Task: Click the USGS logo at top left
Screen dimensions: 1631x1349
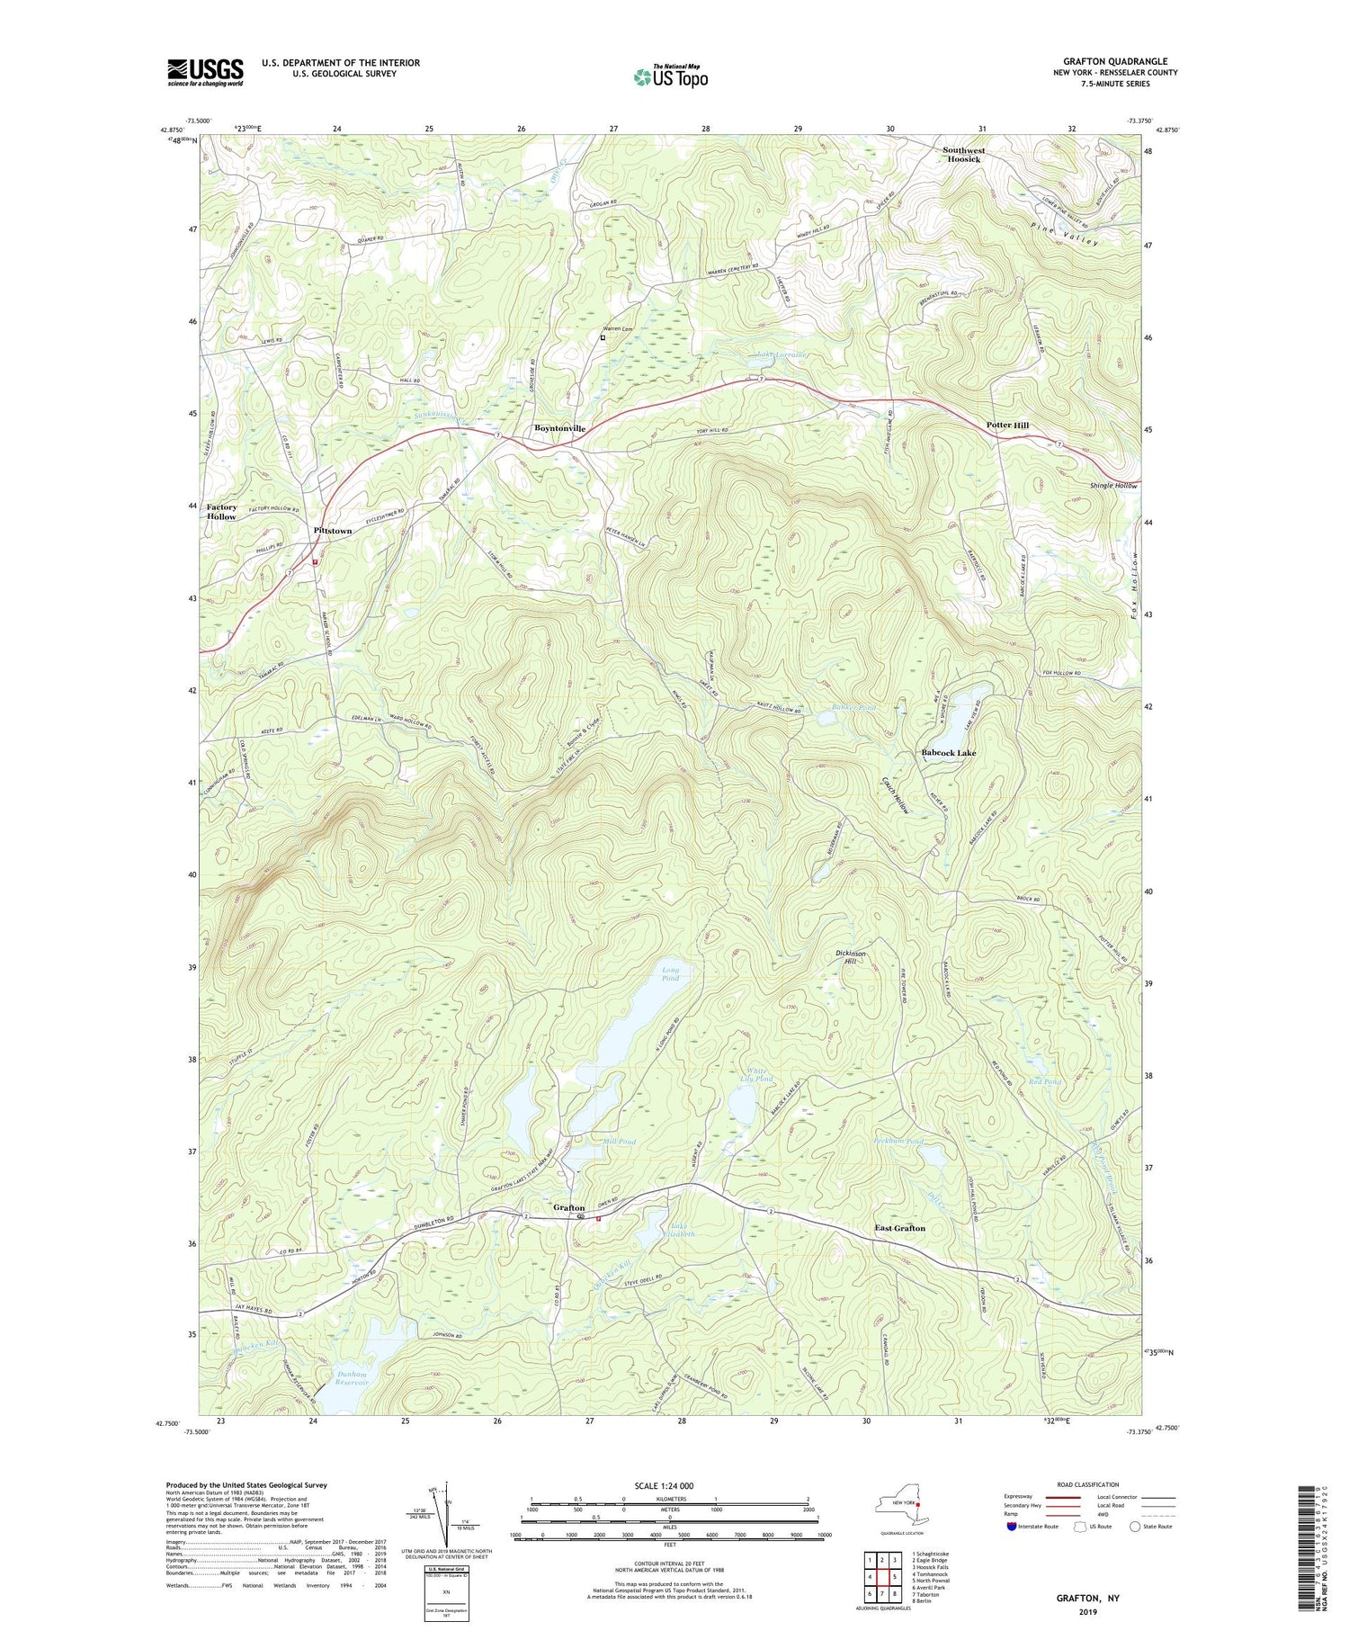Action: tap(205, 72)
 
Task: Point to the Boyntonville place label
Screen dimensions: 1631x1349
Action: tap(559, 428)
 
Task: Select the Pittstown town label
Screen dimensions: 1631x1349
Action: tap(333, 531)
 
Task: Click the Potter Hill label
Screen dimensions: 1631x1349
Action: tap(1007, 425)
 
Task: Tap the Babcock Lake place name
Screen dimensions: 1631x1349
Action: tap(948, 752)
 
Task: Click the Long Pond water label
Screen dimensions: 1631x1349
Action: tap(671, 974)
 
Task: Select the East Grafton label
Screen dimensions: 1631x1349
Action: tap(899, 1228)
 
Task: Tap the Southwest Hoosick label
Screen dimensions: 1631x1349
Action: tap(963, 155)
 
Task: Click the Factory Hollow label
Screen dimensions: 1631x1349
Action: tap(222, 512)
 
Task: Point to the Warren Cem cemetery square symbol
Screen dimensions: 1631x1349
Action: tap(603, 338)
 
